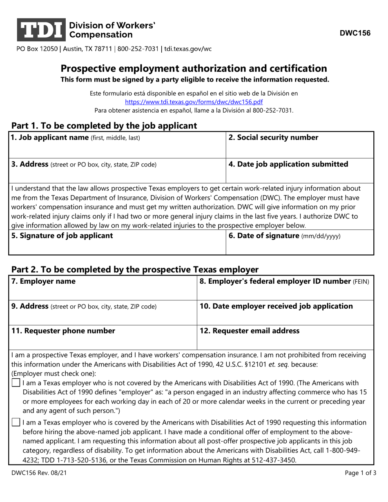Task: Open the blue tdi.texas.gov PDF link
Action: [194, 102]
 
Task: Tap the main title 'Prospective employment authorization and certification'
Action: [194, 68]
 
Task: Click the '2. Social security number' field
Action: [300, 145]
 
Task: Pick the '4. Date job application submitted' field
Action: [300, 171]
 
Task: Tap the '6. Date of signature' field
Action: [300, 243]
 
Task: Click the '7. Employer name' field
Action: [102, 288]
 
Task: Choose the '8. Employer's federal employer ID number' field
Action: [285, 288]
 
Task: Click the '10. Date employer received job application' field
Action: [285, 313]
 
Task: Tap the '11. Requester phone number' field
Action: [102, 338]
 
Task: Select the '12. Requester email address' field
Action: [285, 338]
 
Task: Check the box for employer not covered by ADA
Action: [16, 383]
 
